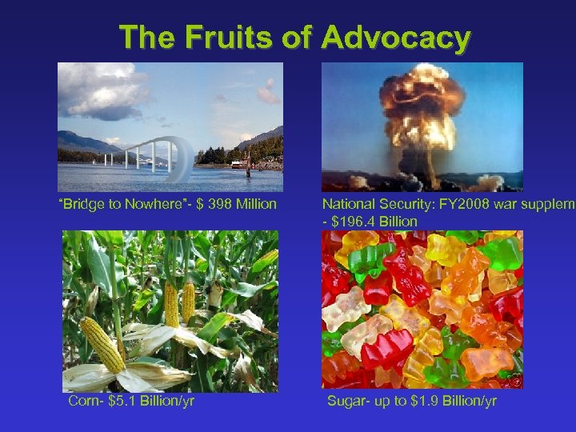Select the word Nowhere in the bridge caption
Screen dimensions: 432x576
[x=147, y=205]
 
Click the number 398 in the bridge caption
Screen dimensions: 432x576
[x=214, y=205]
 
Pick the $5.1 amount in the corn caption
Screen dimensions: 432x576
[x=122, y=400]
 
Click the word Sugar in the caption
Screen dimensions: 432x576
[x=345, y=400]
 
